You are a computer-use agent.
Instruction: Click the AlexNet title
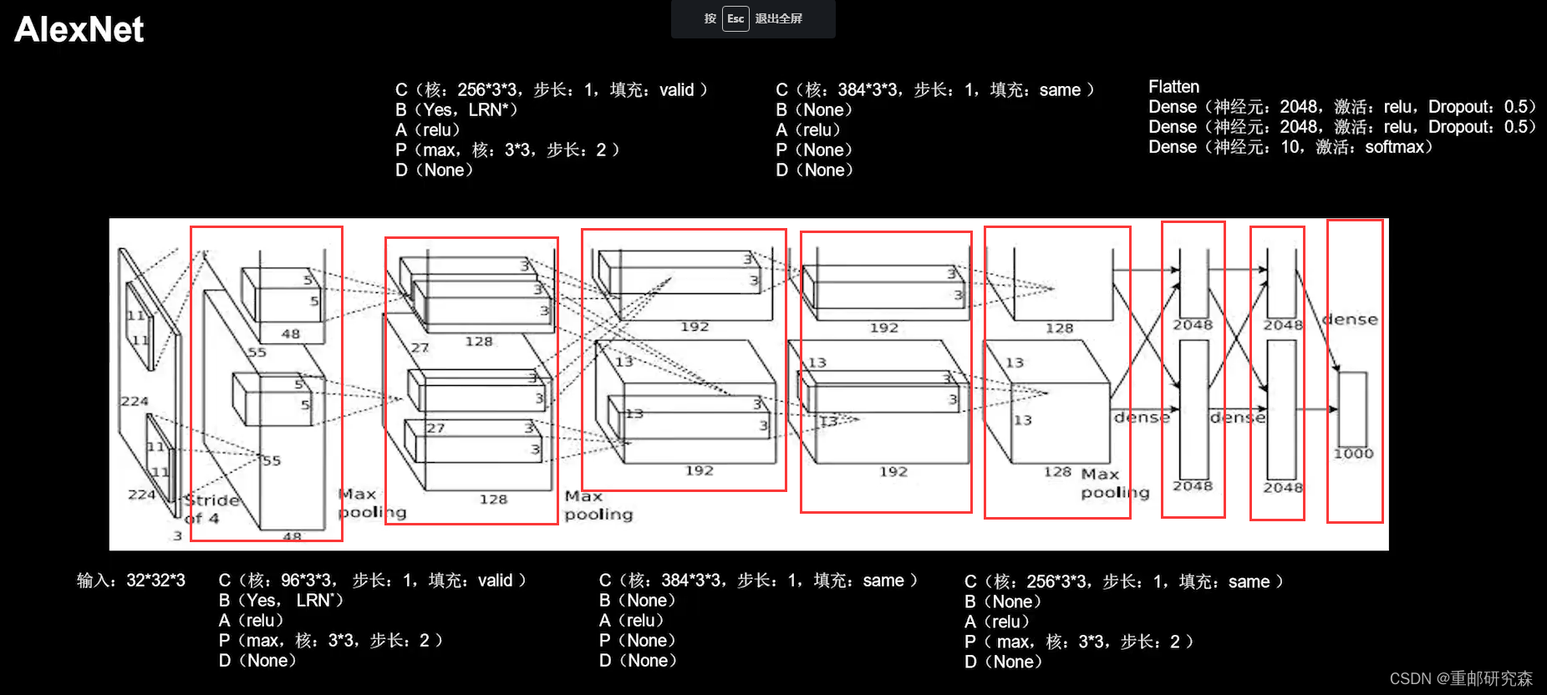pyautogui.click(x=79, y=30)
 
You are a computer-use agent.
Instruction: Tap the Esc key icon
pyautogui.click(x=735, y=18)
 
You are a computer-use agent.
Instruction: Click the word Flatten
pyautogui.click(x=1173, y=87)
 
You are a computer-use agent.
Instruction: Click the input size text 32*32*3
pyautogui.click(x=155, y=581)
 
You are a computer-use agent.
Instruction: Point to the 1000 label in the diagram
pyautogui.click(x=1353, y=454)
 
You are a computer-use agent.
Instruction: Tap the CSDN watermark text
pyautogui.click(x=1460, y=678)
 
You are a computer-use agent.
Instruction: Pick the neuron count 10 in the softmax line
pyautogui.click(x=1290, y=147)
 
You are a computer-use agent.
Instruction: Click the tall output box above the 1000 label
pyautogui.click(x=1352, y=408)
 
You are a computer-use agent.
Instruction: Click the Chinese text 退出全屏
pyautogui.click(x=778, y=18)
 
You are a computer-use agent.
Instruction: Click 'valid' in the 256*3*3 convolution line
pyautogui.click(x=676, y=90)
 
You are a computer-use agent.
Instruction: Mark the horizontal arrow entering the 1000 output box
pyautogui.click(x=1316, y=409)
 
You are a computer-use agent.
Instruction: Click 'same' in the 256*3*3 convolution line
pyautogui.click(x=1249, y=582)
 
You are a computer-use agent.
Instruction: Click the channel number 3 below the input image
pyautogui.click(x=177, y=535)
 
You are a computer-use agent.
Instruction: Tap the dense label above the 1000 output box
pyautogui.click(x=1350, y=319)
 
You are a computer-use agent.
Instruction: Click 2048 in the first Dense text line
pyautogui.click(x=1299, y=107)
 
